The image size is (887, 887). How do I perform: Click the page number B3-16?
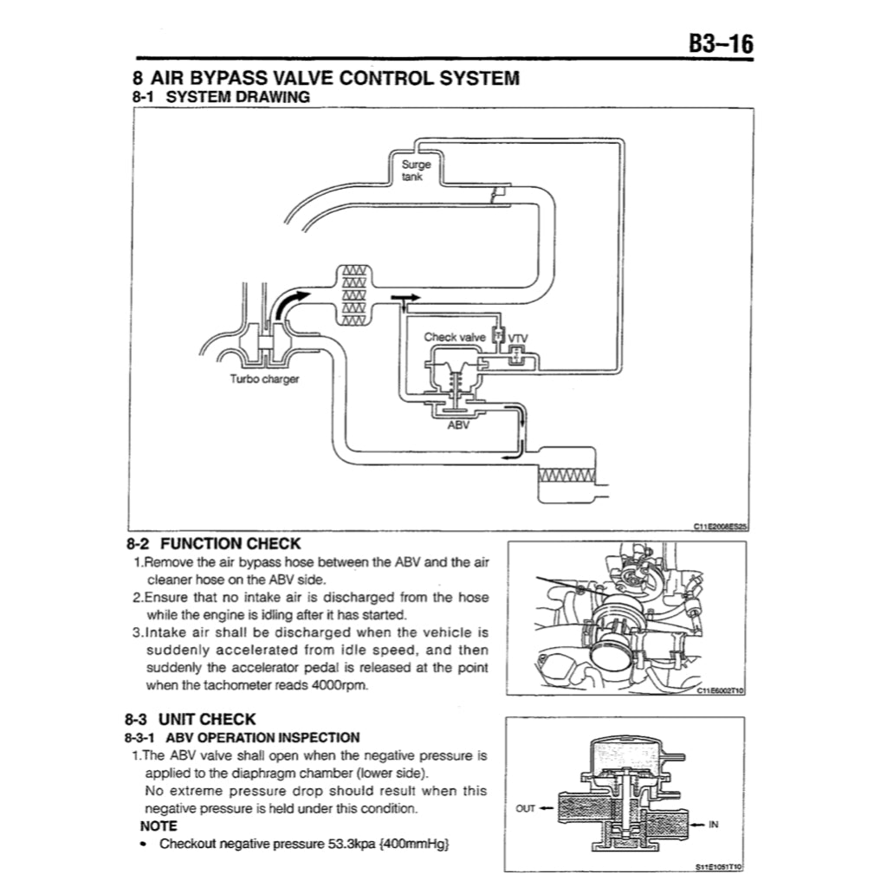[x=721, y=44]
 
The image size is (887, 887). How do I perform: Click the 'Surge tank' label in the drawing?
[x=411, y=170]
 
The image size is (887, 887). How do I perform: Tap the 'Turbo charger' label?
[x=264, y=379]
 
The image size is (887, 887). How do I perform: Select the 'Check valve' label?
[x=455, y=336]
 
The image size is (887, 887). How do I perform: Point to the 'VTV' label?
[x=518, y=337]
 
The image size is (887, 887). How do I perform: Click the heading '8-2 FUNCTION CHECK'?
[x=214, y=544]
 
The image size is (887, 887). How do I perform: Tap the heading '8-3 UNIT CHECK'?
[x=191, y=719]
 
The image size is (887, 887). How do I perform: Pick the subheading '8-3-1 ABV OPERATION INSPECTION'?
[x=243, y=738]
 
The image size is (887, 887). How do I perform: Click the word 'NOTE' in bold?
[x=159, y=825]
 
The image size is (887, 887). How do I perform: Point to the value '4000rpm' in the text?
[x=344, y=686]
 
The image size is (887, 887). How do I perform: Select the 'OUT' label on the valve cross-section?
[x=526, y=808]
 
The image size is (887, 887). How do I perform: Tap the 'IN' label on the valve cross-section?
[x=713, y=825]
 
